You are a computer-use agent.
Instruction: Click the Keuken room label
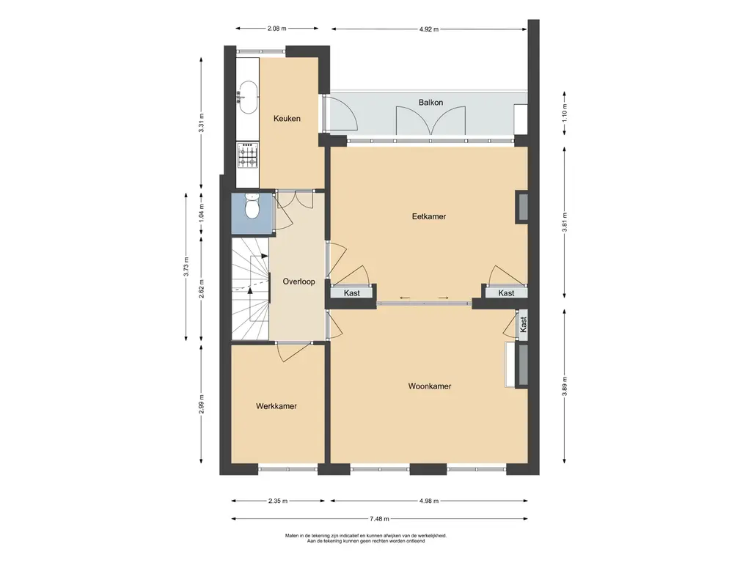(x=287, y=119)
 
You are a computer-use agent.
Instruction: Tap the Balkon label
(x=431, y=103)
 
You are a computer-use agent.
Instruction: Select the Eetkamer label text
(x=429, y=216)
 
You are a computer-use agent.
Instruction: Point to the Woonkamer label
(x=430, y=386)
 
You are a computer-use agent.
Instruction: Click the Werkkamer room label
(x=276, y=406)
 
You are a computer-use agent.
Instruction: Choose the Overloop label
(x=299, y=281)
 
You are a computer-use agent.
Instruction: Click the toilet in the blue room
(x=252, y=206)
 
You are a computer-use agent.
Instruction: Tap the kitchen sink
(x=248, y=97)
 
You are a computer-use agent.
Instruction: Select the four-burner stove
(x=248, y=155)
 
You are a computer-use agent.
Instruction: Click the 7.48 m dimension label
(x=379, y=518)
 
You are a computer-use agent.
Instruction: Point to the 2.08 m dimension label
(x=276, y=29)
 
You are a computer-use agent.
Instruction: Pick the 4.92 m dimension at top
(x=428, y=29)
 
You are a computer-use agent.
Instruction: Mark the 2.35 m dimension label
(x=278, y=501)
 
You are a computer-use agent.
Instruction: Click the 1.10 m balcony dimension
(x=565, y=113)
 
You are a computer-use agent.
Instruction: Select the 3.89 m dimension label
(x=565, y=386)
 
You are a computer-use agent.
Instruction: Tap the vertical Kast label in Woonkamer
(x=523, y=325)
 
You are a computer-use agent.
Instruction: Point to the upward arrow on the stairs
(x=249, y=290)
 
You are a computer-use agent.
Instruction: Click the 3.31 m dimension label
(x=202, y=123)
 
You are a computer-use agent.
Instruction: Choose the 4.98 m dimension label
(x=428, y=501)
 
